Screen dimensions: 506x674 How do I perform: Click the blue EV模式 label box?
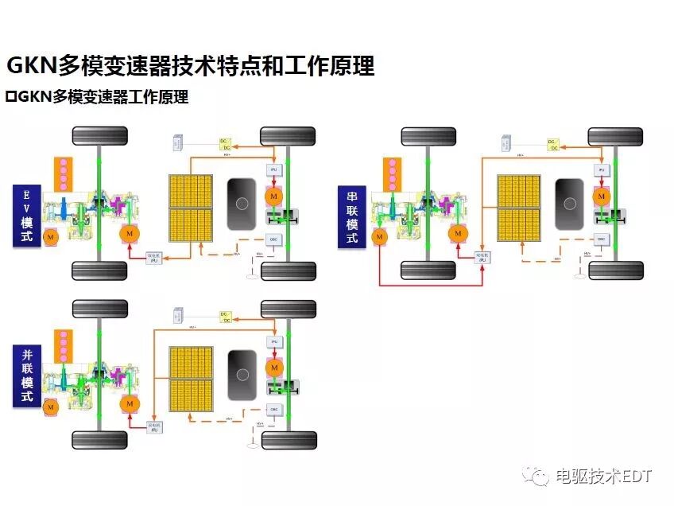26,215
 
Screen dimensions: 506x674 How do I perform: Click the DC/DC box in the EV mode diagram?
225,144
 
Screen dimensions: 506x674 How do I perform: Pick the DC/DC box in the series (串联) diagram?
552,144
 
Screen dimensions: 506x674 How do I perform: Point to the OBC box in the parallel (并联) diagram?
274,409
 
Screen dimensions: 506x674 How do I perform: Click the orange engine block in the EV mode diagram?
64,173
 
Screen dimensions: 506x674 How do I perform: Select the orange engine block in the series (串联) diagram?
391,173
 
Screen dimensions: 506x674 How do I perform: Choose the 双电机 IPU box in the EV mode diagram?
157,257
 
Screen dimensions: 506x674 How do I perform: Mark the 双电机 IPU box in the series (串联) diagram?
482,257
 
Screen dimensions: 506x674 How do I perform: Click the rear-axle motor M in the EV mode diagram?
274,196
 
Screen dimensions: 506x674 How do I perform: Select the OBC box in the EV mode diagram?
274,238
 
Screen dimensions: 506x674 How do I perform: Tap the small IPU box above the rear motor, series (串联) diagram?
602,170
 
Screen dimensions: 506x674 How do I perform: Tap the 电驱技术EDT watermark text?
602,476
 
